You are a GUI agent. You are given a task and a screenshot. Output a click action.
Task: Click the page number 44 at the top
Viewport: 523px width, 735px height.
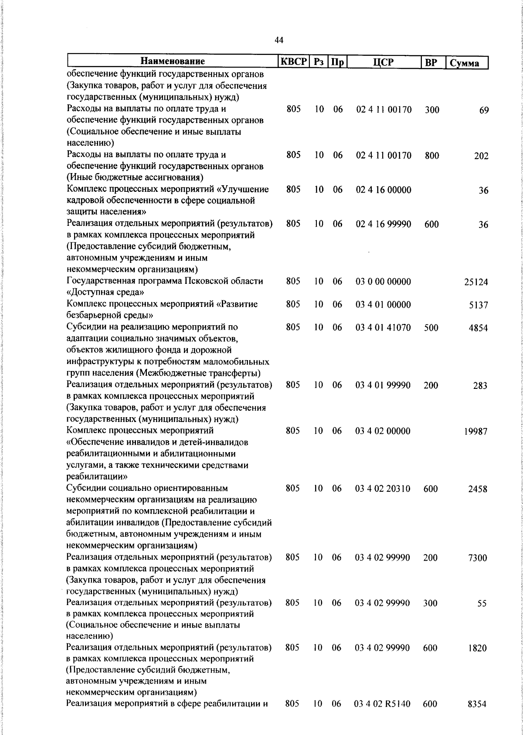[279, 40]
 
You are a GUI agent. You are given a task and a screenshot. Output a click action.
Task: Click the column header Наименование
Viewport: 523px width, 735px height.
[173, 61]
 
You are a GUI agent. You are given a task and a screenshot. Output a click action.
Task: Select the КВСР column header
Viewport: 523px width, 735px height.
[293, 61]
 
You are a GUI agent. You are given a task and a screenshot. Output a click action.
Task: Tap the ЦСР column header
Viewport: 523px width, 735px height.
[383, 62]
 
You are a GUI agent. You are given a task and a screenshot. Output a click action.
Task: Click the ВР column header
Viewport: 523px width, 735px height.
[431, 62]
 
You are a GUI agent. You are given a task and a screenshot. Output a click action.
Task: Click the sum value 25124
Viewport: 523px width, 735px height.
[476, 282]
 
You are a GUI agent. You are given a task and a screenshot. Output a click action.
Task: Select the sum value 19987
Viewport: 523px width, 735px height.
[475, 432]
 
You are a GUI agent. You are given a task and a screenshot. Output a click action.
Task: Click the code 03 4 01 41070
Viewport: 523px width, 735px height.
[383, 327]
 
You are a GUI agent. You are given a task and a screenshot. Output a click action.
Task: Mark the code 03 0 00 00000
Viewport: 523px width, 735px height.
[383, 282]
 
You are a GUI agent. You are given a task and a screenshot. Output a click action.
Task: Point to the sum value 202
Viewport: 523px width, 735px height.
[481, 156]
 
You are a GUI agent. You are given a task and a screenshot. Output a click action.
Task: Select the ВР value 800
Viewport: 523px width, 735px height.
[432, 156]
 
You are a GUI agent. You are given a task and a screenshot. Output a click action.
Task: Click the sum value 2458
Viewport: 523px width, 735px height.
[478, 489]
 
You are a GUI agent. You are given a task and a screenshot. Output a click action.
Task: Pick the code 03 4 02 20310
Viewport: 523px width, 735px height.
[383, 489]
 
